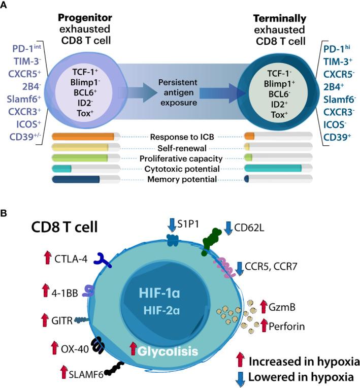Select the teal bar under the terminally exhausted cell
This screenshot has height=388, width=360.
click(x=273, y=169)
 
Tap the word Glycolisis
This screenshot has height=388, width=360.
click(x=168, y=350)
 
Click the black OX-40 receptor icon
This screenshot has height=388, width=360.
click(x=97, y=347)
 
